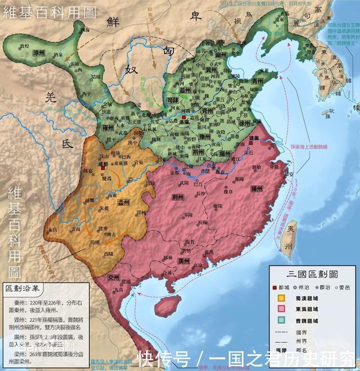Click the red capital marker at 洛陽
[x=184, y=116]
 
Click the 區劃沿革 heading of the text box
[x=21, y=288]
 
